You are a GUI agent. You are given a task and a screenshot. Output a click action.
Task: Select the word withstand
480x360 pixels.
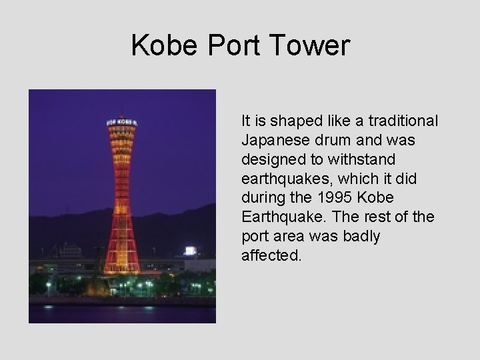click(x=366, y=159)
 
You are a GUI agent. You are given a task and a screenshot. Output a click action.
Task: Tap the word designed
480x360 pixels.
click(x=268, y=159)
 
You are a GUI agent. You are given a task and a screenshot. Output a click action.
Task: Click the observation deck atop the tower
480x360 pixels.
click(x=121, y=124)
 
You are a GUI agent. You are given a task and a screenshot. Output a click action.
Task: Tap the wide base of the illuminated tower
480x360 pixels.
click(x=121, y=263)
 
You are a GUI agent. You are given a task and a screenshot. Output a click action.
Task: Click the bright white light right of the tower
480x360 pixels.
click(x=191, y=251)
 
